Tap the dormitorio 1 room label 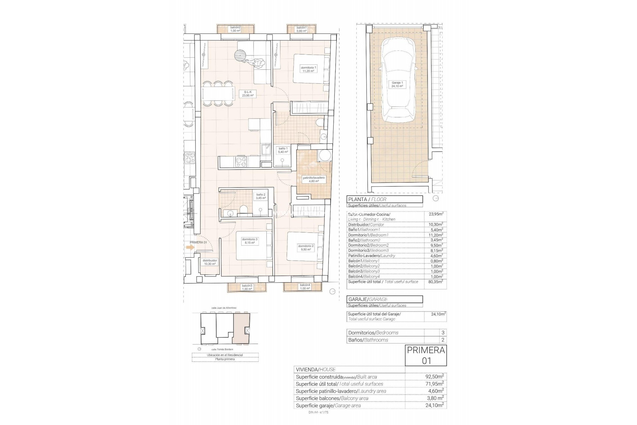coord(308,69)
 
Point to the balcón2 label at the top coord(235,29)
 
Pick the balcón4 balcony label coord(305,287)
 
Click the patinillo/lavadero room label coord(314,180)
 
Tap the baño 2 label coord(261,196)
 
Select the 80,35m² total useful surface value coord(436,282)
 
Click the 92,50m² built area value coord(435,377)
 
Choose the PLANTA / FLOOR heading coord(384,200)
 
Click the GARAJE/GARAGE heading coord(384,299)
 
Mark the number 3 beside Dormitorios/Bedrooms coord(443,333)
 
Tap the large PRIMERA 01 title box coord(426,356)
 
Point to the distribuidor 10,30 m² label coord(210,262)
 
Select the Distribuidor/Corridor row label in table coord(366,224)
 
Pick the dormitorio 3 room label coord(249,241)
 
